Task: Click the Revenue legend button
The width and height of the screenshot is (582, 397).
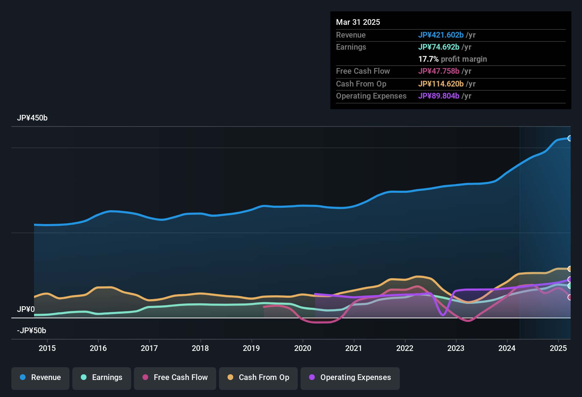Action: tap(40, 378)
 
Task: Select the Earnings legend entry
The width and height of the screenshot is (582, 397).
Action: tap(102, 378)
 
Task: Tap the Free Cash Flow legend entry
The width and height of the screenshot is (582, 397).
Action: tap(175, 378)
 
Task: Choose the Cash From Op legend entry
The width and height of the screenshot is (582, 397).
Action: tap(258, 378)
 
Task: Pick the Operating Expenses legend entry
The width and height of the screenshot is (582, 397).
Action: tap(350, 378)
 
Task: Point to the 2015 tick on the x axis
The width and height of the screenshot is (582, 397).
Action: tap(47, 348)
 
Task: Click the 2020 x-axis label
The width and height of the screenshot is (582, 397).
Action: tap(303, 348)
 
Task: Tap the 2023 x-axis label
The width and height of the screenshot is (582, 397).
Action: tap(456, 348)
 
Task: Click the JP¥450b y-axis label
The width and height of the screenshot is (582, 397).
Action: tap(32, 118)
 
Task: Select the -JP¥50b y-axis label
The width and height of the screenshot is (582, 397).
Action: tap(32, 331)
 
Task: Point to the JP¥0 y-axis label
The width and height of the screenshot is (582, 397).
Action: tap(26, 309)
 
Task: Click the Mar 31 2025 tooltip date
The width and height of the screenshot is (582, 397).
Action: tap(358, 22)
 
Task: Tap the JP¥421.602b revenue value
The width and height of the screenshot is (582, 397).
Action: tap(441, 35)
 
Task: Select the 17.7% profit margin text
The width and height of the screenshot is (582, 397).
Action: tap(453, 59)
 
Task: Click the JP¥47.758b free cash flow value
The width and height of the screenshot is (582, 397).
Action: tap(439, 71)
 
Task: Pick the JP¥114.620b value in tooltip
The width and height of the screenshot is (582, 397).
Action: tap(441, 84)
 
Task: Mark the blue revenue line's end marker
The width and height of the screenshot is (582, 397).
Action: tap(570, 138)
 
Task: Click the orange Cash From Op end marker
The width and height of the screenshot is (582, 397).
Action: tap(570, 269)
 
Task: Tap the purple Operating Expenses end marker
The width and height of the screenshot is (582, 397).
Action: tap(570, 279)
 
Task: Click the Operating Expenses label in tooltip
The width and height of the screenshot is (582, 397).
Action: tap(371, 96)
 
